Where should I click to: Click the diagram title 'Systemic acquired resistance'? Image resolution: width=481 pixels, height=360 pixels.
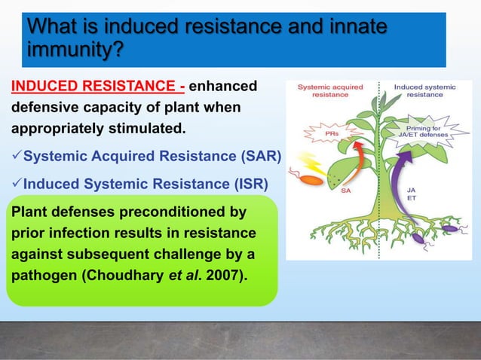[x=330, y=91]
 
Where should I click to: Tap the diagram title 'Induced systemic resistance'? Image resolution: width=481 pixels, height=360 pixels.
[x=425, y=91]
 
